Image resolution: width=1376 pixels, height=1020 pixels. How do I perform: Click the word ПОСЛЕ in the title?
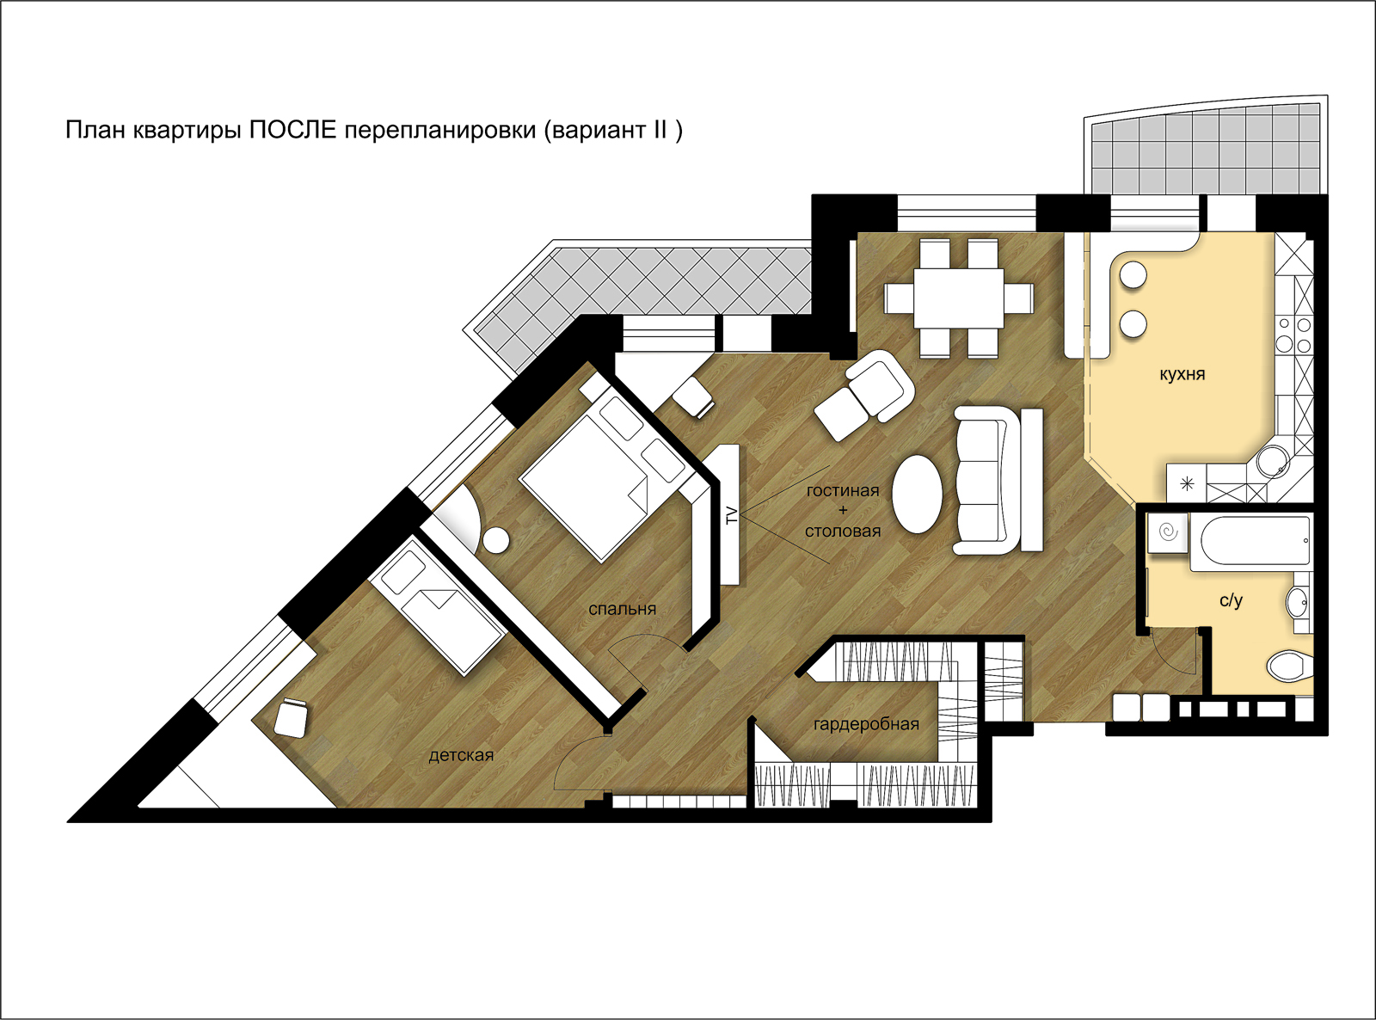coord(292,130)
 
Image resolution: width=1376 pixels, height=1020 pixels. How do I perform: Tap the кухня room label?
coord(1182,374)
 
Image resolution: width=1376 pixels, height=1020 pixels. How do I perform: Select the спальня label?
coord(623,609)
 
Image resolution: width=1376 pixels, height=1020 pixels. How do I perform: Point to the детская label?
coord(461,755)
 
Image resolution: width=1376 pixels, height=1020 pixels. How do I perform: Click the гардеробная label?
coord(866,724)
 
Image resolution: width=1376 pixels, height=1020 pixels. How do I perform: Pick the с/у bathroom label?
coord(1231,600)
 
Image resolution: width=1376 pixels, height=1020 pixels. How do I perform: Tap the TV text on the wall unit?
coord(732,515)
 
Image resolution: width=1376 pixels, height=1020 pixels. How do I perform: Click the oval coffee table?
coord(918,495)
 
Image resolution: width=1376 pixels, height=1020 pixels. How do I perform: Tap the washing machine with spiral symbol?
coord(1168,532)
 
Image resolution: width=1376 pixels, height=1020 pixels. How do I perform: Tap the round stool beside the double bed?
coord(496,540)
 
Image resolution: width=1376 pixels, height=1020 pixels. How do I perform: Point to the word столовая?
coord(843,532)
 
